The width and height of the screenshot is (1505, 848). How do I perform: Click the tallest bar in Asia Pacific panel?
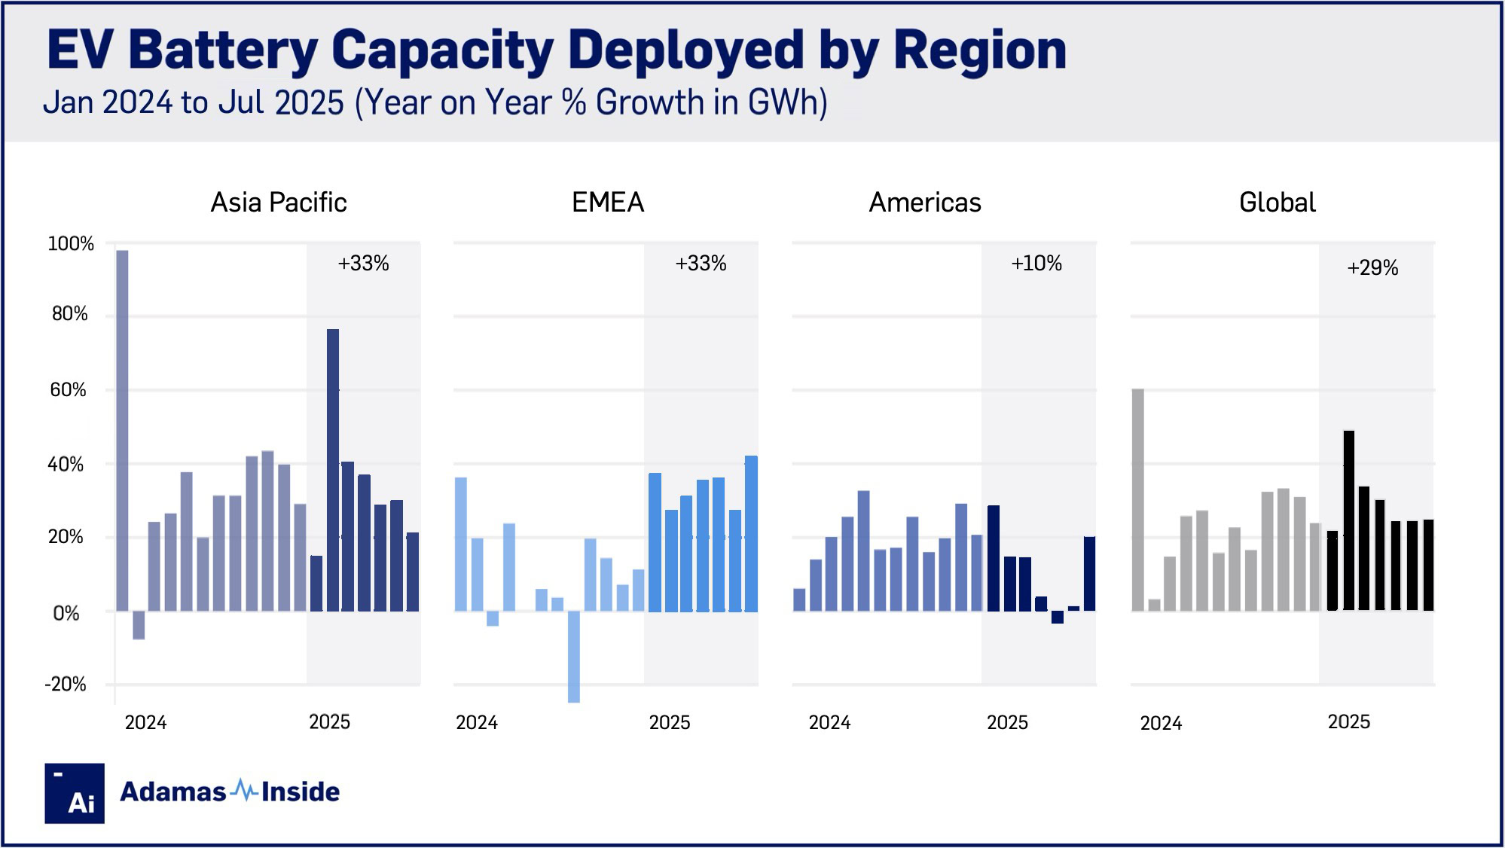122,429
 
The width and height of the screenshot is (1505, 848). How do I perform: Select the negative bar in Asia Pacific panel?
139,625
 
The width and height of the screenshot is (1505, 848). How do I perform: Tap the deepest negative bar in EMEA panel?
574,656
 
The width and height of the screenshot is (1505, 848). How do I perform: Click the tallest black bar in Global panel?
1348,520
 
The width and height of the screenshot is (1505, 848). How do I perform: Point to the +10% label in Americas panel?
1036,264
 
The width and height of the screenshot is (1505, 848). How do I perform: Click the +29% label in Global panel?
1372,268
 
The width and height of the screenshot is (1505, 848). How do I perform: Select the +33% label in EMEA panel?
701,264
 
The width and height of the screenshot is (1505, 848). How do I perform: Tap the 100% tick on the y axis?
71,244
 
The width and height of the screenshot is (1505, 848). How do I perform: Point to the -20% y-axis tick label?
66,685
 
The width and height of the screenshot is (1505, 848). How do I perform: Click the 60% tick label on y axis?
69,390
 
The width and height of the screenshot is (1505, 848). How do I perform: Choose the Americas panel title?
925,203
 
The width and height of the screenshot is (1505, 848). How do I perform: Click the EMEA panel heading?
608,203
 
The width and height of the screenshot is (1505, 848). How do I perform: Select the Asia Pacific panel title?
279,203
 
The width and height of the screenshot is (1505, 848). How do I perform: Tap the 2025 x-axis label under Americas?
1007,723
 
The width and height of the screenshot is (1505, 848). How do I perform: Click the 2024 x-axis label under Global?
1161,724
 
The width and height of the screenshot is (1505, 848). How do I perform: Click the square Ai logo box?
75,793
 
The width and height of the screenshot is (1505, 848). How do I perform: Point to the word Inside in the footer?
301,792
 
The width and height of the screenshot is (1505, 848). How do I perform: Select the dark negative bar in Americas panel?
1057,617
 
